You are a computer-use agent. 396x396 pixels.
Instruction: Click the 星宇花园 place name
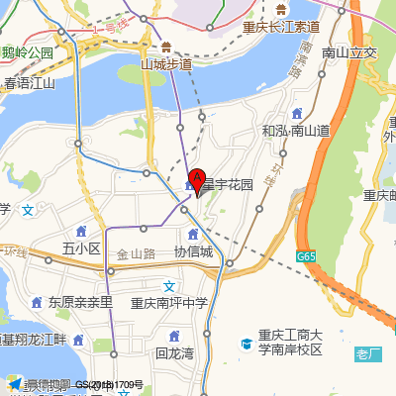[228, 185]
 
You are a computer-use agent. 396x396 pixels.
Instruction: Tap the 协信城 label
[193, 251]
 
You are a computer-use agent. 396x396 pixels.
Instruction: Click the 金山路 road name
[136, 253]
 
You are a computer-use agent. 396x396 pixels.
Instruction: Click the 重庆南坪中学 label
[169, 304]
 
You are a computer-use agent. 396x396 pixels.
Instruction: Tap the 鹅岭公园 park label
[27, 52]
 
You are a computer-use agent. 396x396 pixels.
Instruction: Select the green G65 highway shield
[305, 256]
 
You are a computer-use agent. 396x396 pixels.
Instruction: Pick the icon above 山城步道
[166, 46]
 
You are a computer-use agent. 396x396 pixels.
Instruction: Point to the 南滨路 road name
[299, 61]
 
